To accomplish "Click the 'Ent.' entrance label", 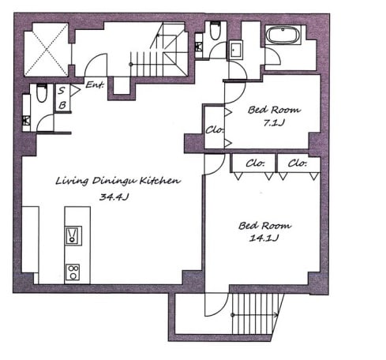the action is (95, 84).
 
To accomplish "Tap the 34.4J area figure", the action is (114, 197).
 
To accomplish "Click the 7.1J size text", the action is (274, 122).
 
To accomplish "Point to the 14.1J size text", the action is (264, 238).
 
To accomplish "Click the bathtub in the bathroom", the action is (283, 36).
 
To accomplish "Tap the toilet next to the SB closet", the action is (42, 93).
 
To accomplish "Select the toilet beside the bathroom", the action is (215, 30).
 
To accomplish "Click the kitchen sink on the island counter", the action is (73, 235).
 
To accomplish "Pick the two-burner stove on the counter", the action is (73, 272).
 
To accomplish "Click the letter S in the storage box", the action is (62, 91).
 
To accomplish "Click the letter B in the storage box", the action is (62, 105).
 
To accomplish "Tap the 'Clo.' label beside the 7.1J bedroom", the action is (215, 129).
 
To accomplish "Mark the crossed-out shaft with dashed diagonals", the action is (47, 50).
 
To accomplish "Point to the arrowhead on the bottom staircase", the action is (276, 314).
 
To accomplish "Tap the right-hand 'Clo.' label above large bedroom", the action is (298, 163).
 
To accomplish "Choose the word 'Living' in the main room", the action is (72, 181).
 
